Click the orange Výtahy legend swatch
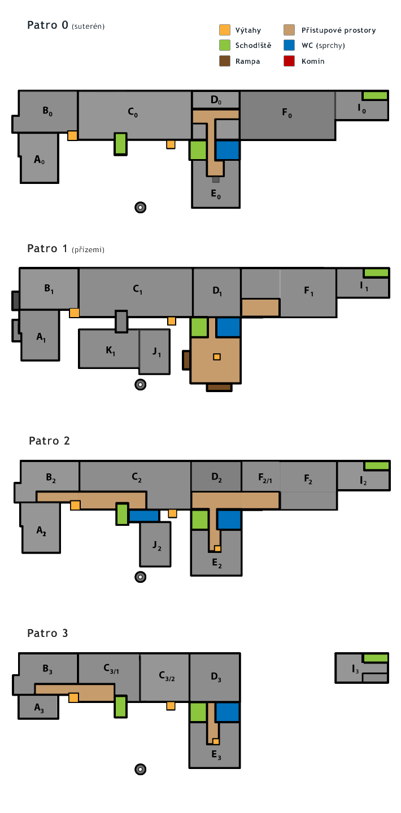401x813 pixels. [225, 30]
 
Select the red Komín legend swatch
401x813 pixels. [290, 61]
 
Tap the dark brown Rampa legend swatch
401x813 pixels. [225, 61]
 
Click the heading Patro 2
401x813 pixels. [49, 441]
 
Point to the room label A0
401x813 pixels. [39, 160]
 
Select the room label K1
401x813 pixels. [110, 351]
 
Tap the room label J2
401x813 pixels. [156, 546]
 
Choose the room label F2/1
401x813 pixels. [265, 480]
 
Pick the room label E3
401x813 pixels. [216, 756]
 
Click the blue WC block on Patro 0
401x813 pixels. [228, 150]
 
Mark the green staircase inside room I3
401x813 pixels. [375, 658]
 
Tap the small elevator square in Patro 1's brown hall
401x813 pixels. [216, 356]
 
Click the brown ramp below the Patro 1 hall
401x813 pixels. [219, 387]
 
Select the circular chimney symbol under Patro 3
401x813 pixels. [141, 769]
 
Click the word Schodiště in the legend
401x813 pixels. [253, 46]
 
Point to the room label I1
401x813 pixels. [364, 287]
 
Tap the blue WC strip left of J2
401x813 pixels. [144, 516]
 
